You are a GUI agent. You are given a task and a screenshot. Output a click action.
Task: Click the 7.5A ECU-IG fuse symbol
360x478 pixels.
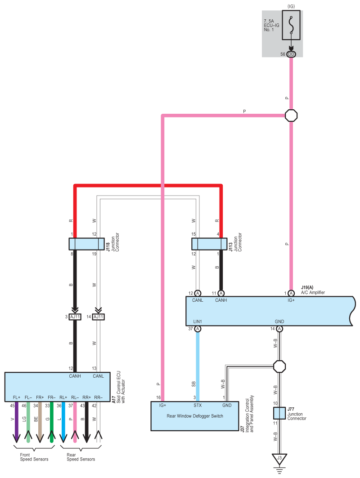tap(291, 25)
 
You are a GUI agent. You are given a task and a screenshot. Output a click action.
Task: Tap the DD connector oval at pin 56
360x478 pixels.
tap(291, 54)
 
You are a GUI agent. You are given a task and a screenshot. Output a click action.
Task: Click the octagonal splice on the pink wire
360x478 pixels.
tap(291, 116)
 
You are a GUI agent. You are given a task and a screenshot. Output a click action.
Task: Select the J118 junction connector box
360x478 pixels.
tap(87, 244)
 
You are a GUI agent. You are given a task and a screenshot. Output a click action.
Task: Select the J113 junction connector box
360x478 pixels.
tap(209, 244)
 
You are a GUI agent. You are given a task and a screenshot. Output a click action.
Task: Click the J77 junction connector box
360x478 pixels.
tap(279, 413)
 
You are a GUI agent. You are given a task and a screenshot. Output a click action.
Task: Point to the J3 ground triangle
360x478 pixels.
tap(279, 459)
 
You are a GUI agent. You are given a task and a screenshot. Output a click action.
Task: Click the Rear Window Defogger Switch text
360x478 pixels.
tap(195, 416)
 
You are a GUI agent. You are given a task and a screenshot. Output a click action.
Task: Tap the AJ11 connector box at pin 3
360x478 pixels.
tap(75, 317)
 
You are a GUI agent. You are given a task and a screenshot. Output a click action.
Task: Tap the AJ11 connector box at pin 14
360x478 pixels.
tap(98, 317)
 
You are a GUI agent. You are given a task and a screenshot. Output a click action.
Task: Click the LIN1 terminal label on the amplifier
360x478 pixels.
tap(198, 322)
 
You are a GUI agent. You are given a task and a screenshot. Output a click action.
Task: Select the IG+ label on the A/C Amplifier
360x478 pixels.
tap(291, 300)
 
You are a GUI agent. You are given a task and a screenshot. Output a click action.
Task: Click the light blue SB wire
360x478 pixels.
tap(198, 366)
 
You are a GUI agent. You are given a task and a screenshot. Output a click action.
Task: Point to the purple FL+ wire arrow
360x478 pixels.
tap(17, 422)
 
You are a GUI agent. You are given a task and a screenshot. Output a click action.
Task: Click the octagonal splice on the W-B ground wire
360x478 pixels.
tap(279, 366)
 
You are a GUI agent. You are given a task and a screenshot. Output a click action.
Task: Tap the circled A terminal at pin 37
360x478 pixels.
tap(198, 329)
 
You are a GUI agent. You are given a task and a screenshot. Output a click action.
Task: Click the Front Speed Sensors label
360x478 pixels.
tap(34, 457)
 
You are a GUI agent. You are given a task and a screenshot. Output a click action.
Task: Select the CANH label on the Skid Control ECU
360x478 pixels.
tap(75, 376)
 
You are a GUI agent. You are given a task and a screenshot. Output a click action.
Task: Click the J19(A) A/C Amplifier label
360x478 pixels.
tap(313, 290)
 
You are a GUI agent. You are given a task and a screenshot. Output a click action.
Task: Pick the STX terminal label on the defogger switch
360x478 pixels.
tap(198, 405)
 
